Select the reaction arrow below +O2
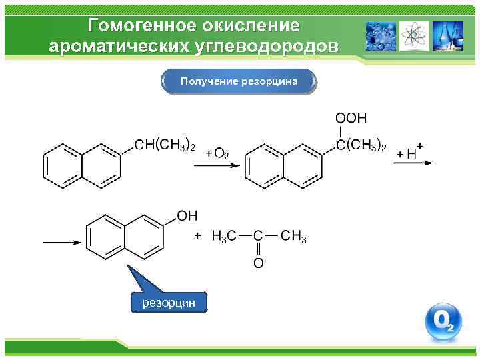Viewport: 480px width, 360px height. [x=216, y=166]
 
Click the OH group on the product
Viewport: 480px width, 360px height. [x=187, y=215]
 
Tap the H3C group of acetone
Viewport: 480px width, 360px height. [x=223, y=236]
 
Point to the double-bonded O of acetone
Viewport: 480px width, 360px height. [x=258, y=263]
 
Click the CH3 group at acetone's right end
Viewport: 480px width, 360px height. [x=293, y=236]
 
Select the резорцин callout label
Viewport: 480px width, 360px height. [x=169, y=302]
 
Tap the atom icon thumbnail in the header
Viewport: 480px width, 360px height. [x=414, y=36]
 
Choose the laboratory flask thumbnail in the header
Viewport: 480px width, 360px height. [x=447, y=36]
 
